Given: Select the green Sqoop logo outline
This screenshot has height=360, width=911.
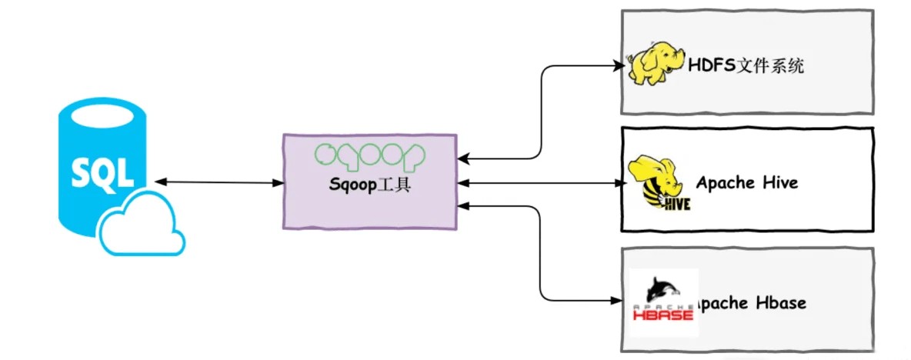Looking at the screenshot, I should [x=369, y=154].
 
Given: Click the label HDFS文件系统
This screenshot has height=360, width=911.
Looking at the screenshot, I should [x=746, y=66].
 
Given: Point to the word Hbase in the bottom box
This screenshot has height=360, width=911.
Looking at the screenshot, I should [x=779, y=302].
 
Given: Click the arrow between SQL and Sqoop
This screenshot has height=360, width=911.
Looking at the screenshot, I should [x=219, y=182].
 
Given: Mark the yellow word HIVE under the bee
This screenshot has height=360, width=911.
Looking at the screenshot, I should [x=676, y=204].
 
